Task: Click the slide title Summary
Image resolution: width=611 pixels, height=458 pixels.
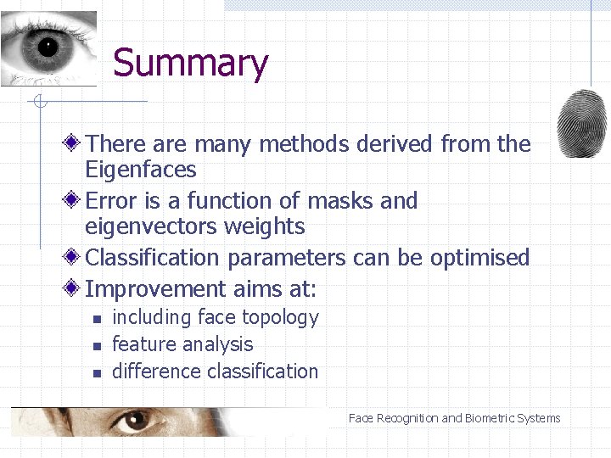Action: (x=190, y=64)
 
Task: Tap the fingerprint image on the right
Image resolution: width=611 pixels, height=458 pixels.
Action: (x=582, y=124)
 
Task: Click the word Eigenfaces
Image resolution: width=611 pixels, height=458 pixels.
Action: (x=141, y=170)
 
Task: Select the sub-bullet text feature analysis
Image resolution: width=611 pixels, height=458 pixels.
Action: (x=182, y=344)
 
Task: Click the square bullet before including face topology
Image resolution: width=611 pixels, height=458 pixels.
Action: (x=97, y=320)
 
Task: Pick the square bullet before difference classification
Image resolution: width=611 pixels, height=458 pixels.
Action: (x=97, y=373)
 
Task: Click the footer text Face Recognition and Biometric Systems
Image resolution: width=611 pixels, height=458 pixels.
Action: (x=454, y=418)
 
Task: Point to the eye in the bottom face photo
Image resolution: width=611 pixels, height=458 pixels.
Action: (x=129, y=420)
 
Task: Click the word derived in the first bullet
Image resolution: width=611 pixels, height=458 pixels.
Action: (x=395, y=144)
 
